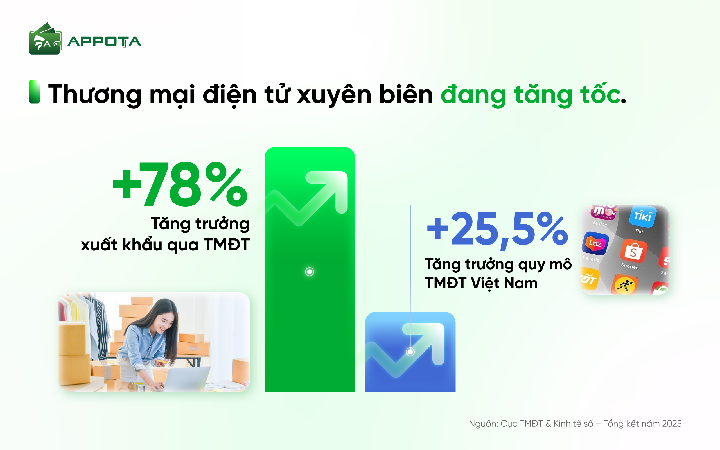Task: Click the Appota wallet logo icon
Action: pos(45,39)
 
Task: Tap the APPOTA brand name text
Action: pos(104,42)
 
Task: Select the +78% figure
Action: pos(180,184)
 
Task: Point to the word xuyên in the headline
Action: pos(334,94)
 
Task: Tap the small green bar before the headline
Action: pos(34,92)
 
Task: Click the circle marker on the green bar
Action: pos(310,272)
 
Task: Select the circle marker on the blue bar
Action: pos(410,352)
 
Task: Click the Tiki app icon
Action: pos(643,216)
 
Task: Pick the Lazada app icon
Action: pos(595,244)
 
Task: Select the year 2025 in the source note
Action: pos(672,424)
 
